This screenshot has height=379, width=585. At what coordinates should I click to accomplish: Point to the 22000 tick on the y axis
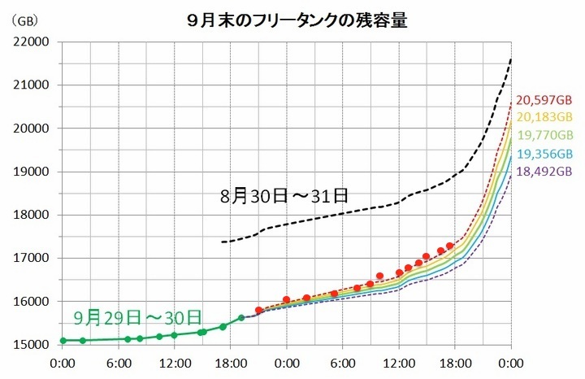click(32, 41)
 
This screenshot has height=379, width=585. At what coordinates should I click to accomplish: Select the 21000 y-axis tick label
click(32, 85)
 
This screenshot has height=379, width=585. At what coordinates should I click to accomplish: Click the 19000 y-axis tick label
click(32, 172)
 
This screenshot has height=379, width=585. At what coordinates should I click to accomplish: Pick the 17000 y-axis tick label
click(32, 259)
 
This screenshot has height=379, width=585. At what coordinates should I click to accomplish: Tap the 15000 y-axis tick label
click(32, 345)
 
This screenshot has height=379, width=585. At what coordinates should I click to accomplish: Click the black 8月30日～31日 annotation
click(284, 196)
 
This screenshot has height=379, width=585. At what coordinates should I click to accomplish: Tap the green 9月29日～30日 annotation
click(136, 315)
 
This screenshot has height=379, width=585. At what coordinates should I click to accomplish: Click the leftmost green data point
click(63, 340)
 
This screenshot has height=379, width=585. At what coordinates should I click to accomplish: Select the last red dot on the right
click(449, 246)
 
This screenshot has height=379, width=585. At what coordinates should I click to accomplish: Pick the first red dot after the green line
click(259, 310)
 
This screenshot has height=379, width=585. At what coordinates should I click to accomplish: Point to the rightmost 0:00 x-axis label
click(510, 364)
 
